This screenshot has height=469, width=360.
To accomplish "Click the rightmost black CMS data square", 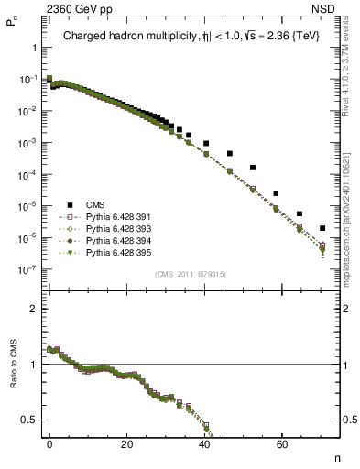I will pyautogui.click(x=322, y=228).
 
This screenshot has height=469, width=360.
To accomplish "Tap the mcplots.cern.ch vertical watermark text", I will pyautogui.click(x=352, y=229).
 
